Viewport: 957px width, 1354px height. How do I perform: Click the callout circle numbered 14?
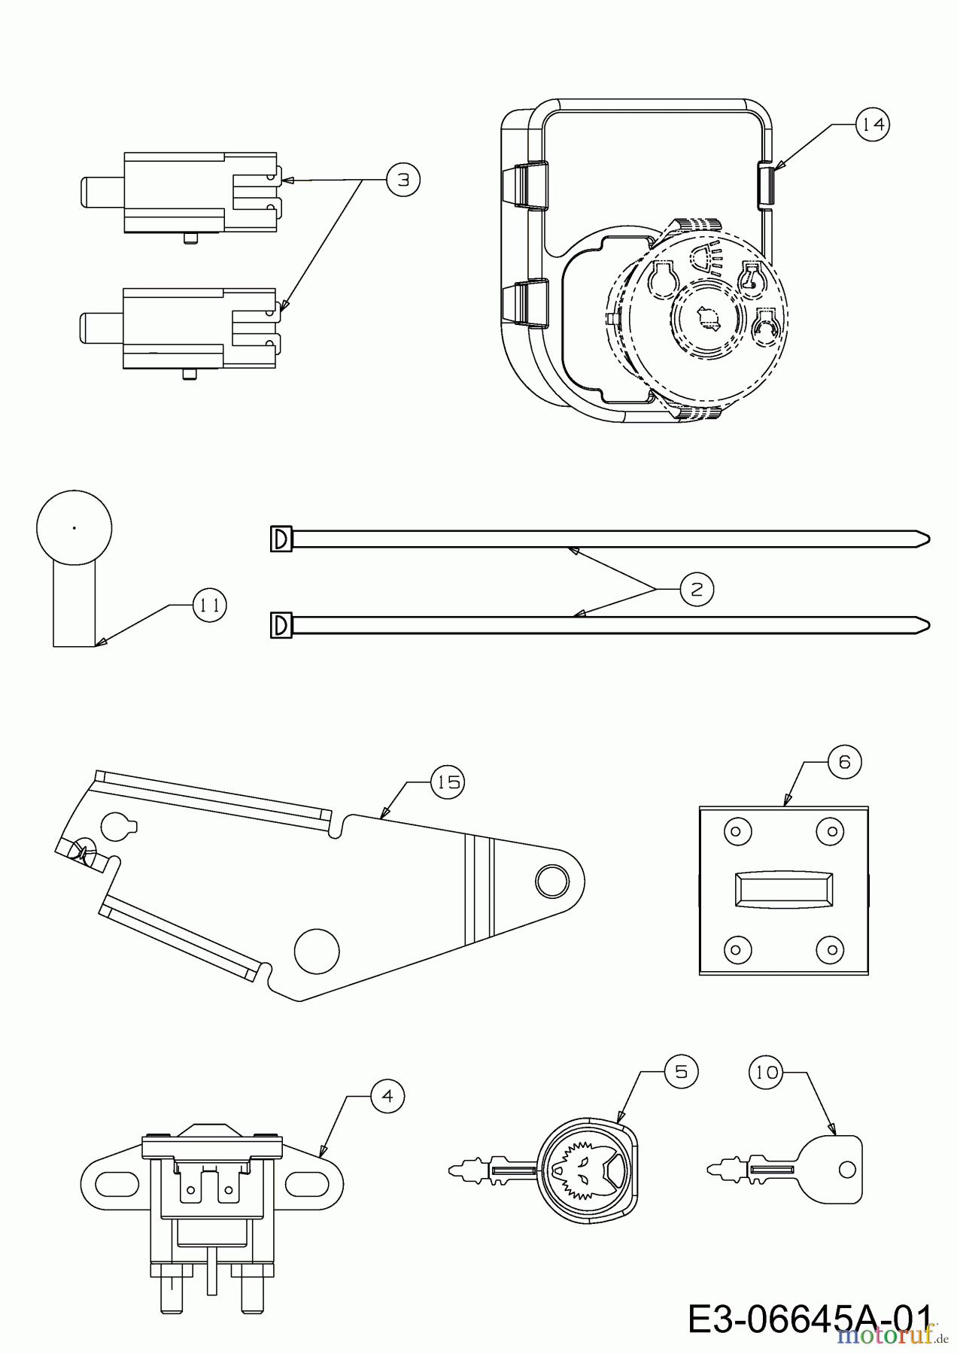click(873, 124)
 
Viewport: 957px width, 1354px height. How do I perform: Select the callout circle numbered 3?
click(403, 181)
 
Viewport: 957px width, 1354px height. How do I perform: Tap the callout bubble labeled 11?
click(209, 605)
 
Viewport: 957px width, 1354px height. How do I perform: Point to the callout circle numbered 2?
click(696, 589)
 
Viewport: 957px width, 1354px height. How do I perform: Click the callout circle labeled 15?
click(448, 782)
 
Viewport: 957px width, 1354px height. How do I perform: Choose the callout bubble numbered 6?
click(844, 762)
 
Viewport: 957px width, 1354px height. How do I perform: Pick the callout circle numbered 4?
click(387, 1096)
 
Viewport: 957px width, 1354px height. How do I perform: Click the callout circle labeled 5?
click(681, 1071)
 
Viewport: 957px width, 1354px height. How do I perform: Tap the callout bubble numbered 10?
click(767, 1072)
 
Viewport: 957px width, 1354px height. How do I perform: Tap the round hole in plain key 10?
click(847, 1169)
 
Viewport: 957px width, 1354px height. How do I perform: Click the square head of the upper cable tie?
click(281, 539)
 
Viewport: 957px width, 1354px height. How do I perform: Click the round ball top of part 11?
click(74, 528)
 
